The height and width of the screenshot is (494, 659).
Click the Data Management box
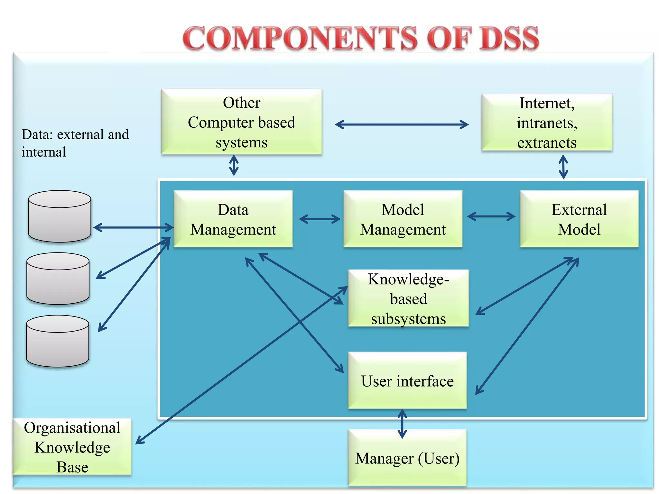click(233, 219)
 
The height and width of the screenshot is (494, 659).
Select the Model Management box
click(403, 219)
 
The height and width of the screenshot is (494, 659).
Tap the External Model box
click(579, 219)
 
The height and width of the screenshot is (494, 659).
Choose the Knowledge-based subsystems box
click(408, 298)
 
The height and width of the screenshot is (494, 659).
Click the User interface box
click(407, 380)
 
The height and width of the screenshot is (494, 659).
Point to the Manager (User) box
click(407, 458)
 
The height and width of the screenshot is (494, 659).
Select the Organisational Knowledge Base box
click(72, 447)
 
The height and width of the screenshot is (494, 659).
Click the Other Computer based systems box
click(241, 122)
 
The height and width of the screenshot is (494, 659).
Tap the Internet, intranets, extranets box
click(547, 123)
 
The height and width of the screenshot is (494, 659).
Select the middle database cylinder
click(58, 279)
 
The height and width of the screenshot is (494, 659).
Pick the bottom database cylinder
click(58, 341)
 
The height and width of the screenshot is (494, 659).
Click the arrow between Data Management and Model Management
click(319, 219)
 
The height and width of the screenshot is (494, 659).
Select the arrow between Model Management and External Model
click(491, 216)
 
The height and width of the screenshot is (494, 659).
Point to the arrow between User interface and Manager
click(402, 424)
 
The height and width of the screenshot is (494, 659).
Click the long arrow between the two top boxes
click(402, 124)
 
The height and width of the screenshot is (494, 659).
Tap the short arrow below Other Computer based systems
click(234, 165)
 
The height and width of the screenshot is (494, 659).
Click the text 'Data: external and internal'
click(75, 143)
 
